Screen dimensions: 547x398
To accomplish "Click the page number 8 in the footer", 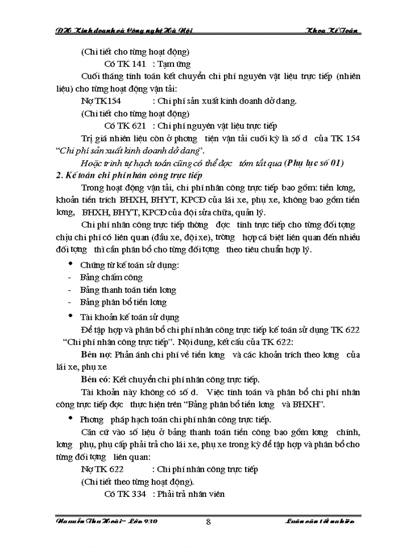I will pos(209,521).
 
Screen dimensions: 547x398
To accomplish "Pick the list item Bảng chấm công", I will pos(111,277).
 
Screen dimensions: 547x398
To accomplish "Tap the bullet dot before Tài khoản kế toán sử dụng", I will pos(70,316).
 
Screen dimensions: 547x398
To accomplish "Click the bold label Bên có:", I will pos(96,379).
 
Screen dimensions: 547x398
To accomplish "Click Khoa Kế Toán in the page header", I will pos(331,30).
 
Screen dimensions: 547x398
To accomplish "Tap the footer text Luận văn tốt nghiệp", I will pos(323,521).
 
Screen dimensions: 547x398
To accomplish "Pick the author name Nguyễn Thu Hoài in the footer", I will pos(91,521).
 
